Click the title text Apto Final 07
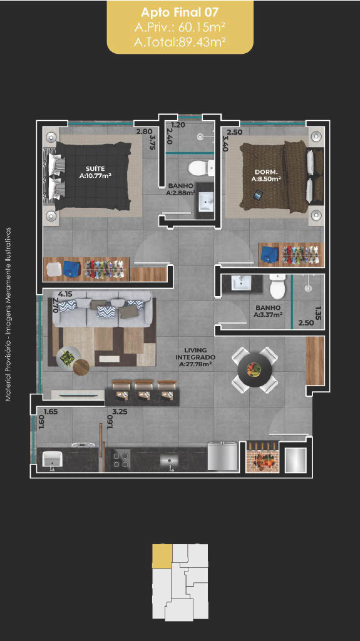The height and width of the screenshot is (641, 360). [180, 13]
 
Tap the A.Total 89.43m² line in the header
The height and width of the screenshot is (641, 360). [180, 42]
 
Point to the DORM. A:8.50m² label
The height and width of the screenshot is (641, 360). [266, 175]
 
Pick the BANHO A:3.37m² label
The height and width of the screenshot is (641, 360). [268, 310]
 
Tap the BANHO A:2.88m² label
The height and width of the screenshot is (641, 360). [180, 189]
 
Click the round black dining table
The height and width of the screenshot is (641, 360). [255, 370]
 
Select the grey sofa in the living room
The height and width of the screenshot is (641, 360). [101, 309]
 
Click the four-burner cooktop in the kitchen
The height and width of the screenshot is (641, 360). [120, 459]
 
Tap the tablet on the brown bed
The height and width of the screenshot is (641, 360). [259, 195]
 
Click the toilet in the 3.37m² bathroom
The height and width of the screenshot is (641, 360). [277, 287]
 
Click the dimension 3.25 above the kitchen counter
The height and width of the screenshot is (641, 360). [120, 412]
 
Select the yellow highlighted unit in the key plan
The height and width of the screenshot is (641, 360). [162, 556]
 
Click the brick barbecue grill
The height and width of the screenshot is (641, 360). [262, 456]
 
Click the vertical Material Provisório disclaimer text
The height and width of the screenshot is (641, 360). [8, 314]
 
